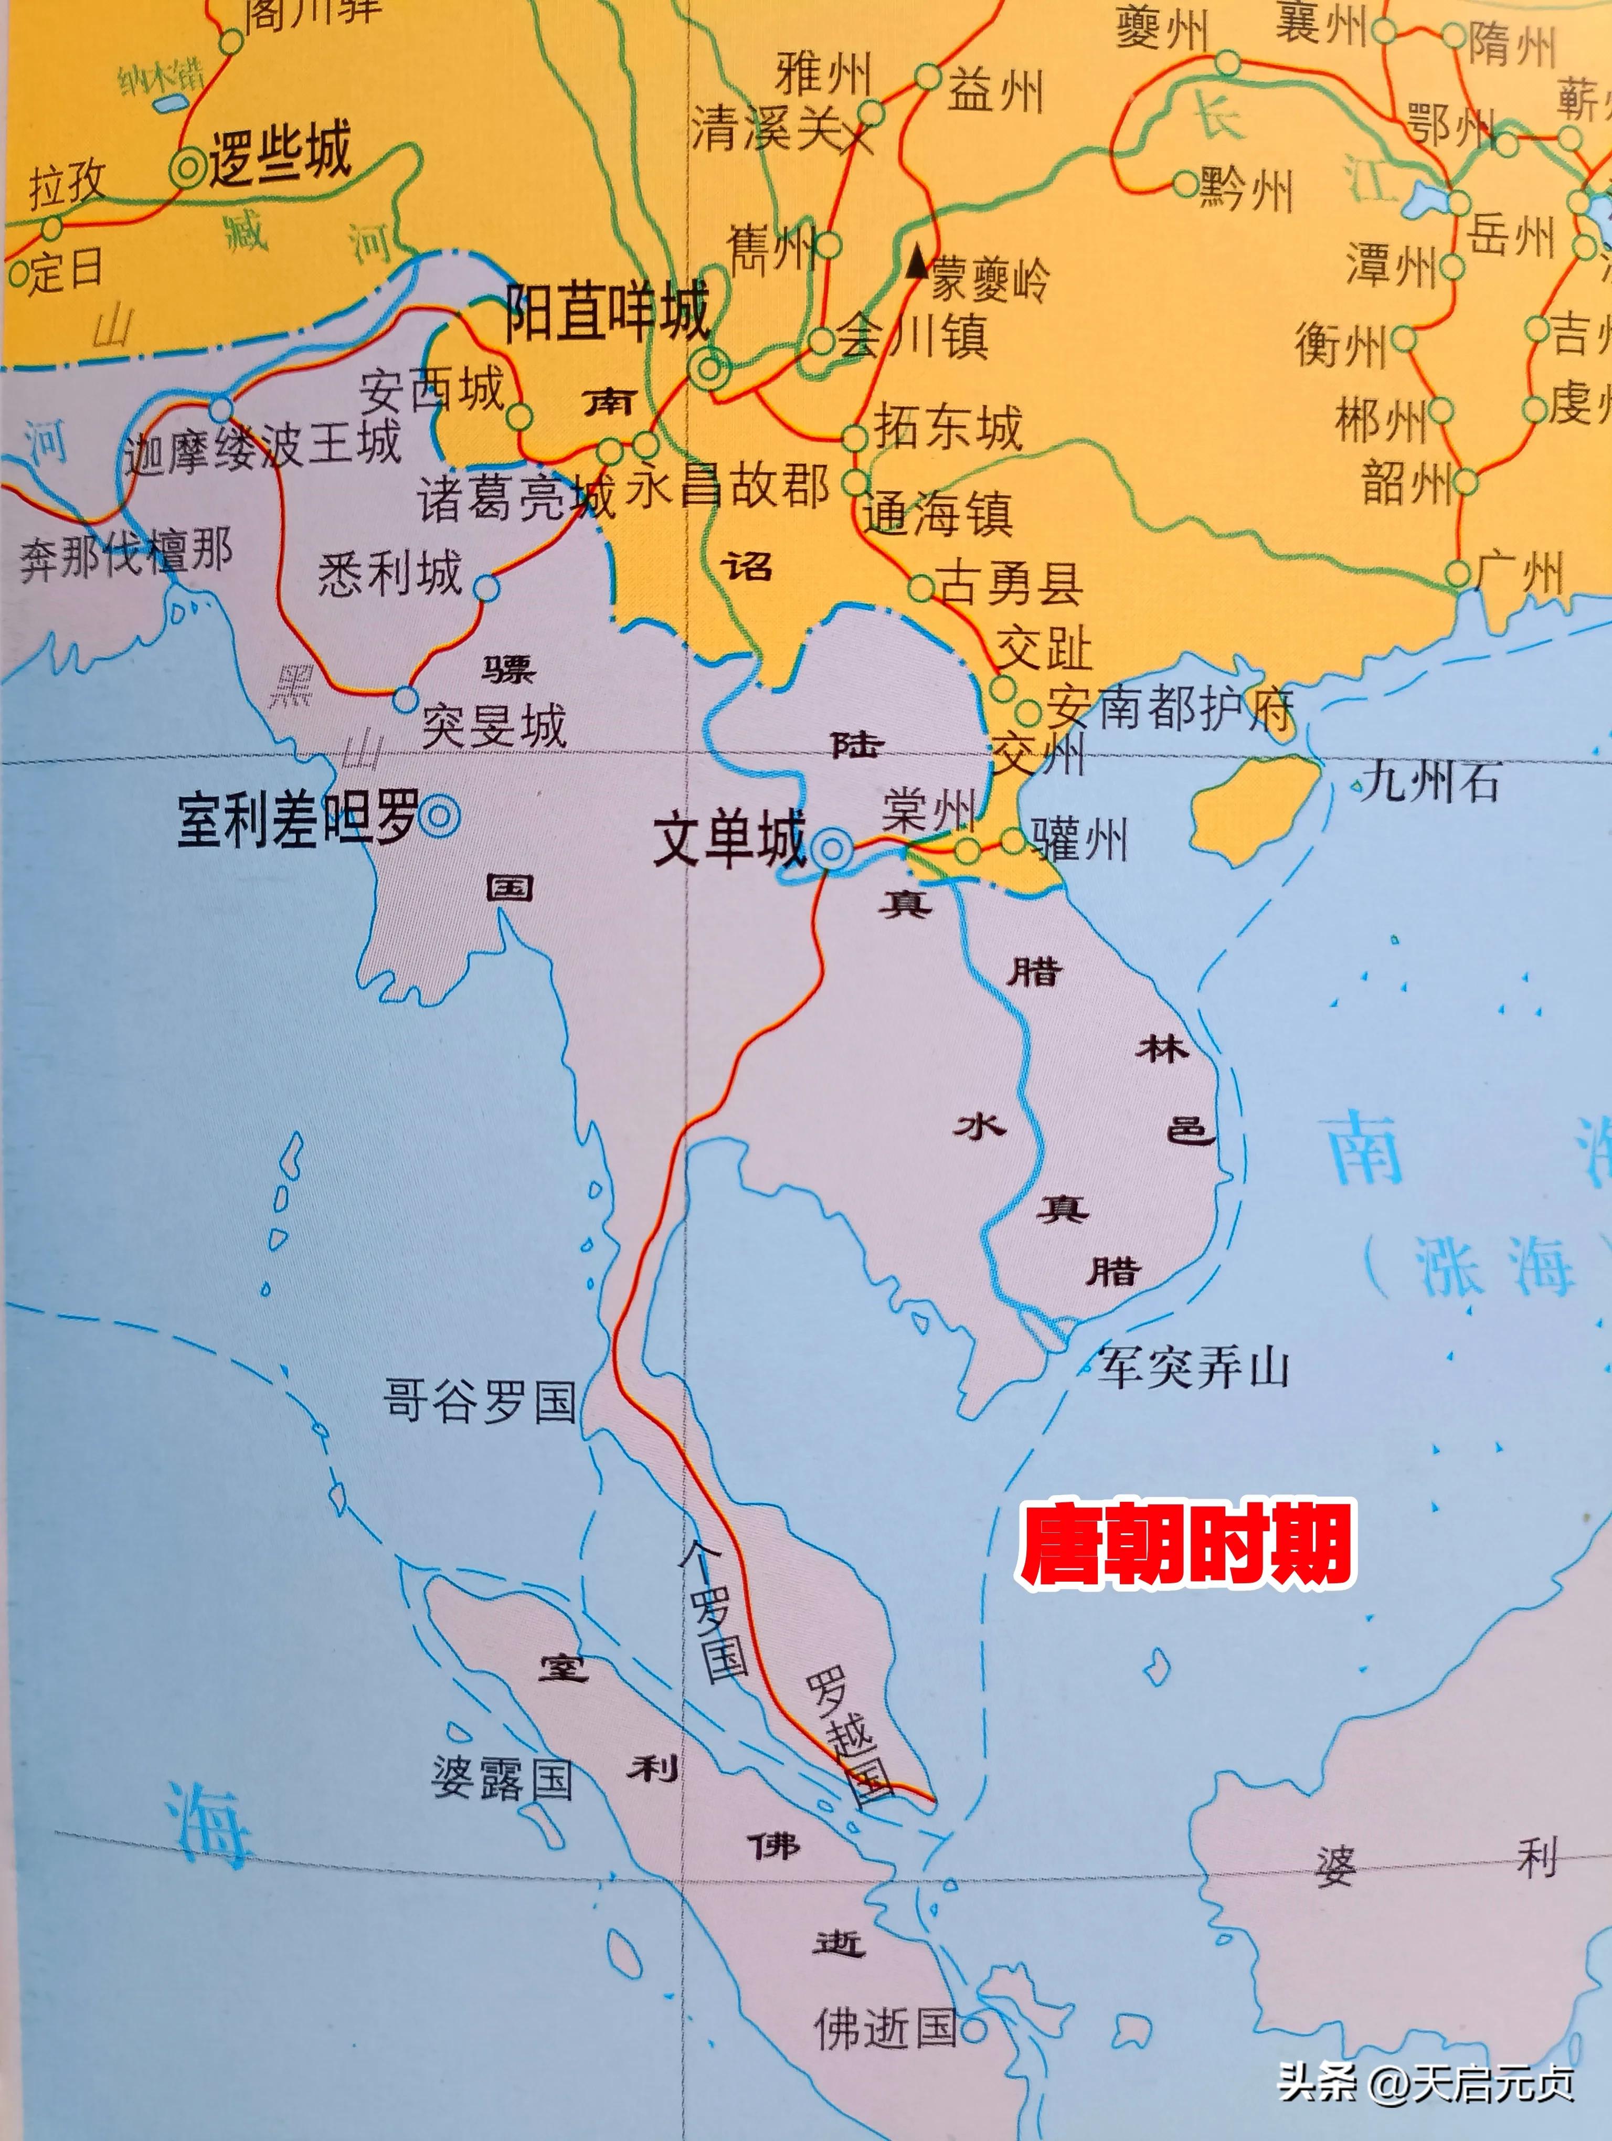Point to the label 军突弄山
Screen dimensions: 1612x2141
click(x=1193, y=1368)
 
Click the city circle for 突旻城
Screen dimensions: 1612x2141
click(x=406, y=699)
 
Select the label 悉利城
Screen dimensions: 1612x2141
click(x=390, y=574)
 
